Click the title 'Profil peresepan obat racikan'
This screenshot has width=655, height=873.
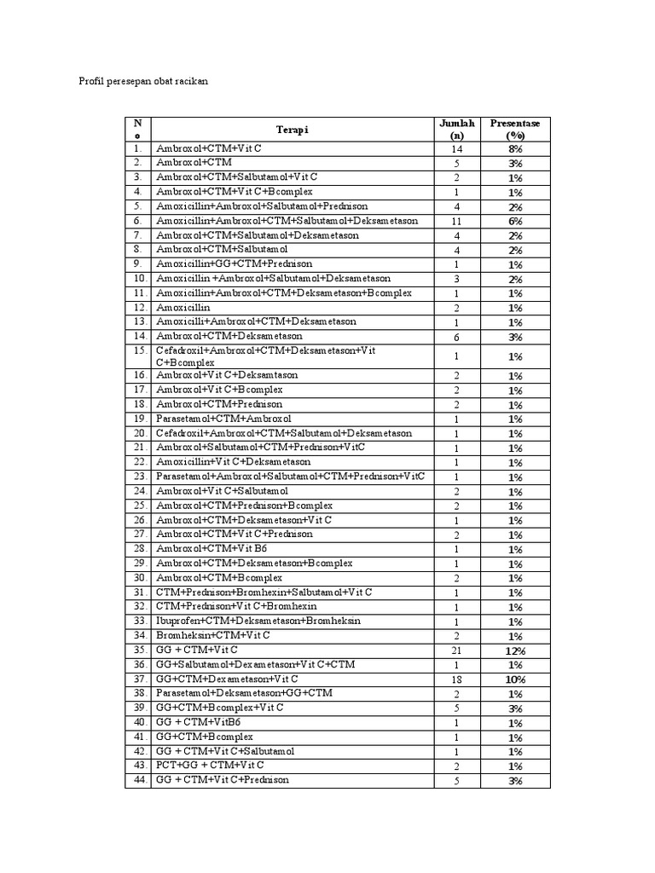pyautogui.click(x=143, y=81)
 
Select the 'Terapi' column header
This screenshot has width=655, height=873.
pyautogui.click(x=292, y=130)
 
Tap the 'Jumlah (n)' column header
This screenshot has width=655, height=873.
pyautogui.click(x=456, y=130)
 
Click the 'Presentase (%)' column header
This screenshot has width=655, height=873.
pyautogui.click(x=514, y=130)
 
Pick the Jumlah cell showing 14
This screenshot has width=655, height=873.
pyautogui.click(x=456, y=148)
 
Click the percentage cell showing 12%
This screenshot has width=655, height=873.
pyautogui.click(x=515, y=650)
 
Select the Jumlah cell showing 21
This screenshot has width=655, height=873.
pyautogui.click(x=456, y=650)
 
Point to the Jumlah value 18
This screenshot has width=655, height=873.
pyautogui.click(x=456, y=679)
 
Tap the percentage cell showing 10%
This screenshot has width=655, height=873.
pyautogui.click(x=515, y=679)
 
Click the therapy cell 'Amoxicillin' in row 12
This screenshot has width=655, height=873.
pyautogui.click(x=183, y=308)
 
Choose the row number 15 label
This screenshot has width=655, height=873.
pyautogui.click(x=138, y=350)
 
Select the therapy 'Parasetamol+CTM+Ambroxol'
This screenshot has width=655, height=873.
pyautogui.click(x=223, y=419)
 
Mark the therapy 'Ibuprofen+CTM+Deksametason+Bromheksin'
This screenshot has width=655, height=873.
pyautogui.click(x=258, y=622)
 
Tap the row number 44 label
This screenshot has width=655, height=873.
pyautogui.click(x=138, y=780)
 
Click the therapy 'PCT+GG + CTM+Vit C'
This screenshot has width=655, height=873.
pyautogui.click(x=210, y=766)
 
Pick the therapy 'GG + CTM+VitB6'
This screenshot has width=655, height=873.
pyautogui.click(x=199, y=722)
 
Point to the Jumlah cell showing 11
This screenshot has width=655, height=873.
pyautogui.click(x=456, y=221)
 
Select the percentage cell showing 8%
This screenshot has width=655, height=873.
pyautogui.click(x=515, y=148)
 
